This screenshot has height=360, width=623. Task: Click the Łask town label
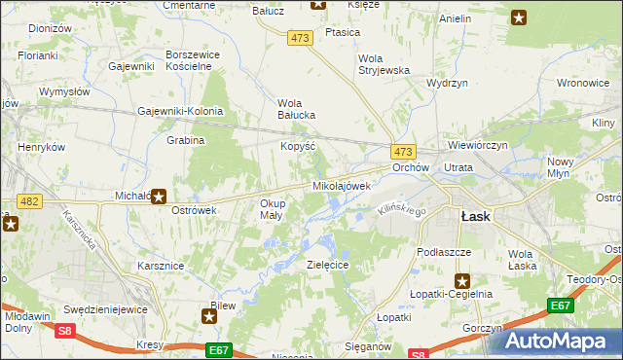(x=475, y=217)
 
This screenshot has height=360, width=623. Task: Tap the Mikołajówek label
(x=341, y=185)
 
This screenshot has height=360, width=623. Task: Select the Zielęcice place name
(x=327, y=264)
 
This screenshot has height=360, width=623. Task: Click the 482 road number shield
(x=29, y=201)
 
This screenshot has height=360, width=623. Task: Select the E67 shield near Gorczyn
(x=560, y=306)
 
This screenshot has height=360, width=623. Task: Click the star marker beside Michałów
(x=158, y=196)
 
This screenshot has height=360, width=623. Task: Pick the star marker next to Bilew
(x=208, y=315)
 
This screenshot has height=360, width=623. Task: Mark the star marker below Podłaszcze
(x=463, y=280)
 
